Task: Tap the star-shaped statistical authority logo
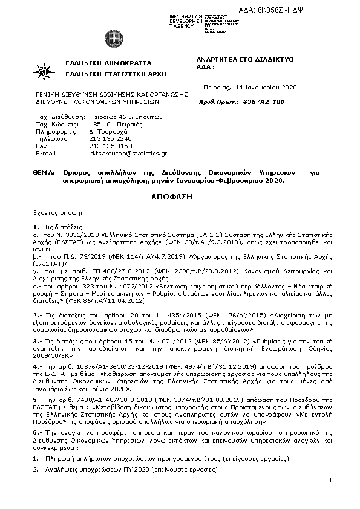46,71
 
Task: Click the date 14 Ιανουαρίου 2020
267,87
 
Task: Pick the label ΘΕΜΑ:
44,172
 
